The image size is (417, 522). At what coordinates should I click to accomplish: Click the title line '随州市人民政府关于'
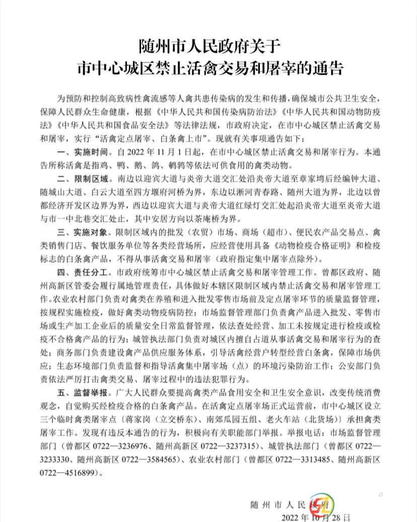pos(208,48)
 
